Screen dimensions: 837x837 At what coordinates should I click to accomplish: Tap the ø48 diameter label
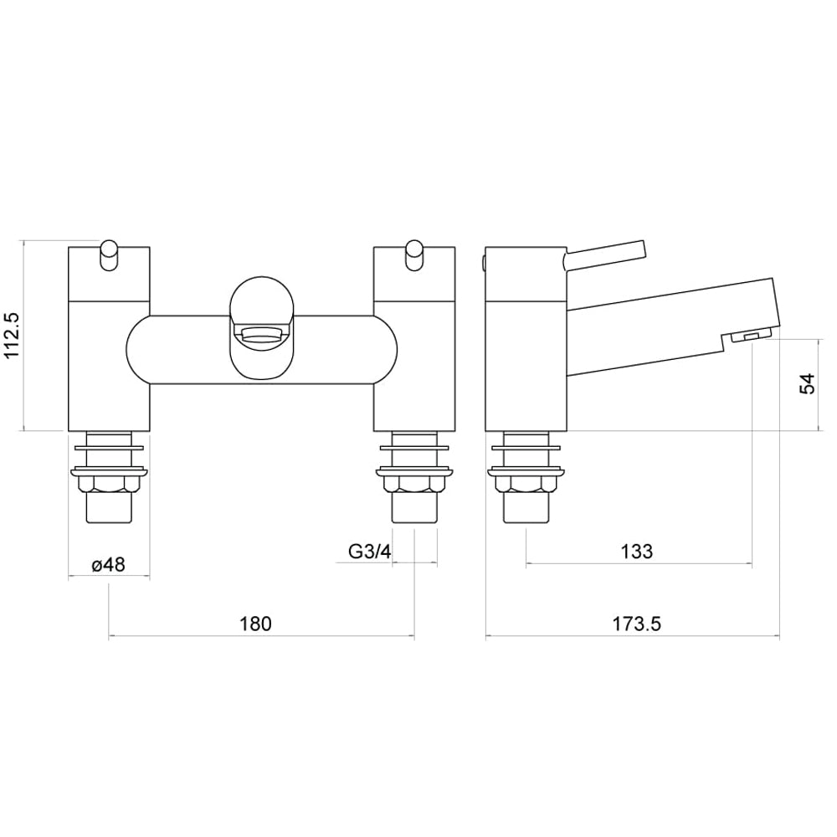[108, 565]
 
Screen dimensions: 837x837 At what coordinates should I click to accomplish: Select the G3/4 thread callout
[370, 551]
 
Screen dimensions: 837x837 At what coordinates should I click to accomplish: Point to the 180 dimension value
[255, 624]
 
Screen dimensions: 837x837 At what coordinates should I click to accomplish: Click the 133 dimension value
[637, 551]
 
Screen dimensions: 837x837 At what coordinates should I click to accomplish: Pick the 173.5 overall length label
[636, 624]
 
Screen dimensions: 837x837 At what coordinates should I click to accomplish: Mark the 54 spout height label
[808, 384]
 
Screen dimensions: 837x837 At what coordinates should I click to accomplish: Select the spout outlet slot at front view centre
[261, 336]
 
